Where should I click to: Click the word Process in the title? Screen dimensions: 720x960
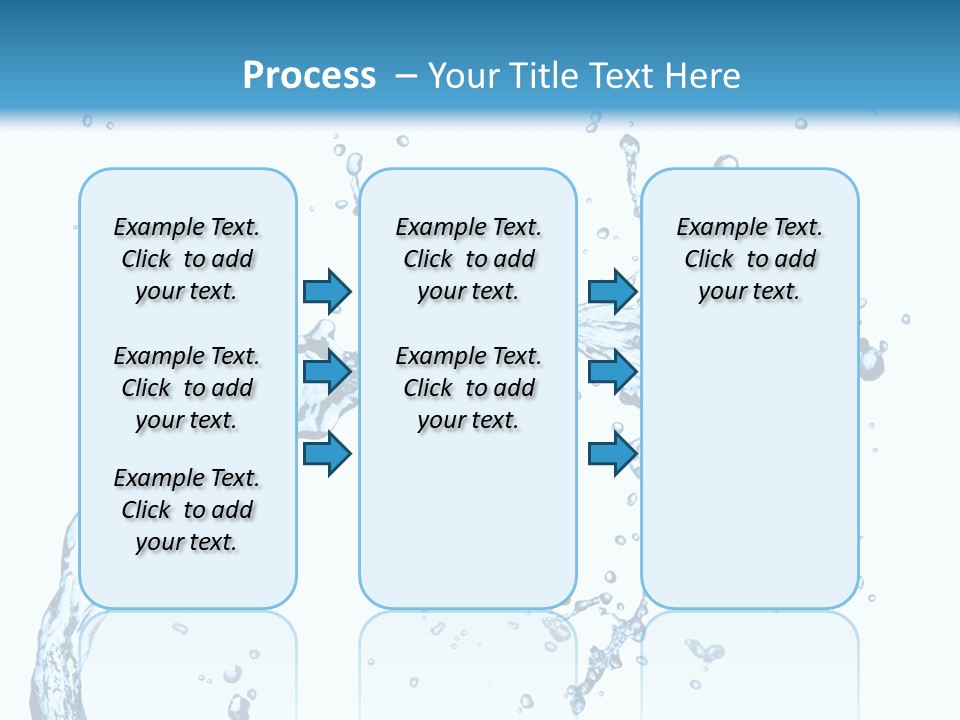tap(309, 76)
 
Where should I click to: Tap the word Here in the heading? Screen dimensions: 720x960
tap(703, 76)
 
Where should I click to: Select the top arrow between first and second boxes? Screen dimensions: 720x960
tap(327, 291)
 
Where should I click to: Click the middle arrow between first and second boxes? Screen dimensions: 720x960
tap(327, 372)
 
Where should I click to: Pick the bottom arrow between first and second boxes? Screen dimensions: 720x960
tap(327, 454)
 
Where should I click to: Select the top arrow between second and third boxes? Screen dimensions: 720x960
tap(612, 291)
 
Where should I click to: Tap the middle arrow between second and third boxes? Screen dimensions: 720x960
tap(612, 372)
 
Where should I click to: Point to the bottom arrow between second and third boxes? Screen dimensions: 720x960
tap(612, 454)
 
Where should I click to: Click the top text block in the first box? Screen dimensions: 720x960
tap(187, 259)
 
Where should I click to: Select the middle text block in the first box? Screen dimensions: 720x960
tap(187, 388)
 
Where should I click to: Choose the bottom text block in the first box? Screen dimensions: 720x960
tap(187, 510)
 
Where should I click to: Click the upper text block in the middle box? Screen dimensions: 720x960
tap(468, 259)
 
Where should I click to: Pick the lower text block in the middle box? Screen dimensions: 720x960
tap(468, 388)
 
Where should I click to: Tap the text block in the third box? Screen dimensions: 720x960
tap(750, 259)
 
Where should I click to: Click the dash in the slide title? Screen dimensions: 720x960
tap(406, 76)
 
